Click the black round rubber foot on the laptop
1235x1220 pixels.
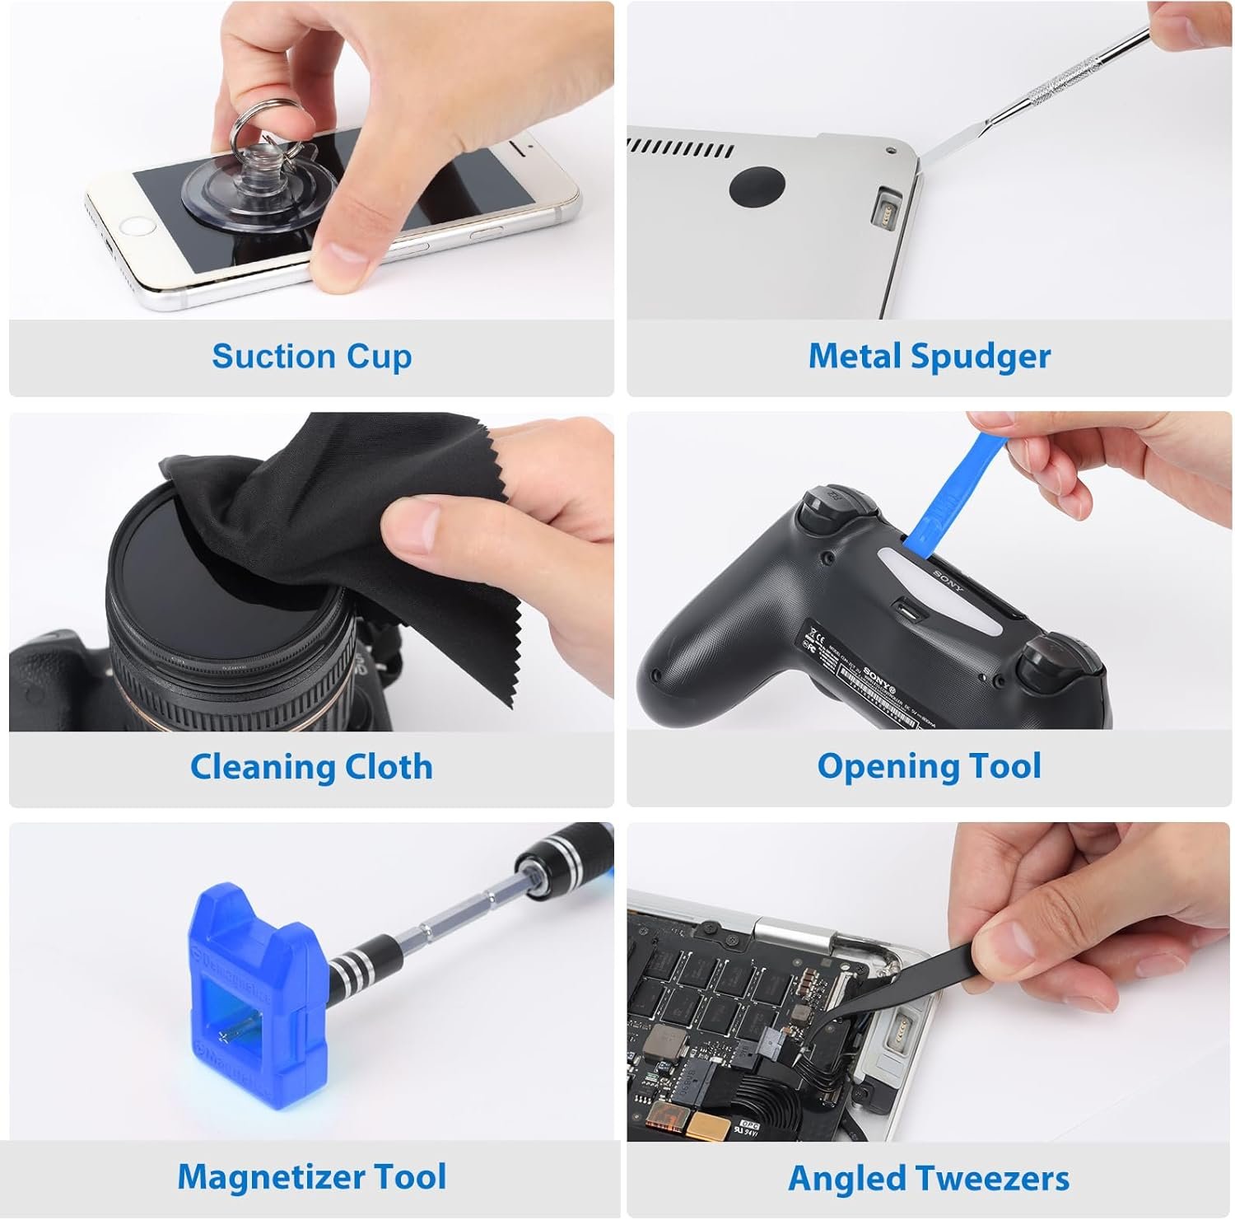pos(755,185)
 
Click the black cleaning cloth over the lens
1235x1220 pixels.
pos(329,527)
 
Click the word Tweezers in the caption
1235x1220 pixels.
pos(996,1178)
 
